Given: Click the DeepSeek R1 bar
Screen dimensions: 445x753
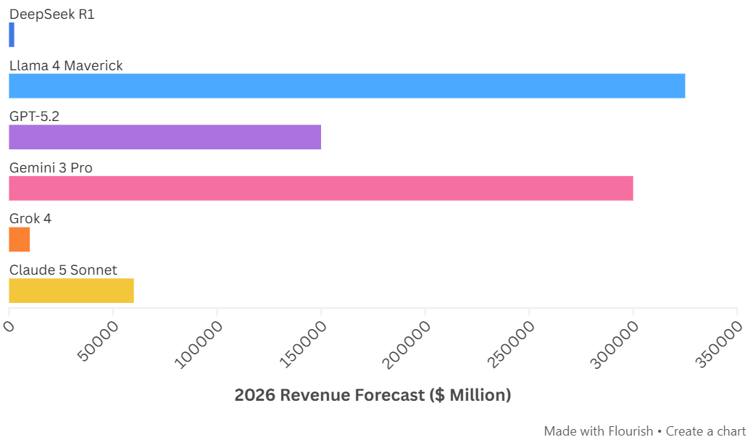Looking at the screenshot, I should point(12,35).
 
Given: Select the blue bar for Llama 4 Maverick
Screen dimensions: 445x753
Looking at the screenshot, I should point(346,86).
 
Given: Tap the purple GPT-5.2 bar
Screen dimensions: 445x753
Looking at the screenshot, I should point(165,137).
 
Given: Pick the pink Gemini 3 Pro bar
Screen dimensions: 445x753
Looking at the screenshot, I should point(320,188).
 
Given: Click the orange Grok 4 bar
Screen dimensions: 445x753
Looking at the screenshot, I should point(20,239).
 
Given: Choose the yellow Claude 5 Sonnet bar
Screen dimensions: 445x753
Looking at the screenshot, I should point(71,291).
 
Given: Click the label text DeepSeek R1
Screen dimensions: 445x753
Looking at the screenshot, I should point(51,14).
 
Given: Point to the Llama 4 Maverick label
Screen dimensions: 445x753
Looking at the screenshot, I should point(66,66).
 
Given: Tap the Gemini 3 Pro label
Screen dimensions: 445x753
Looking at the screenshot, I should point(51,168).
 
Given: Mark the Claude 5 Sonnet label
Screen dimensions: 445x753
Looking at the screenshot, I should point(63,270).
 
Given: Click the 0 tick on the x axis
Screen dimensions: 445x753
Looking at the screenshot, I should point(9,327).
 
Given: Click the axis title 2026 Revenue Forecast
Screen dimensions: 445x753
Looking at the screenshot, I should point(373,395).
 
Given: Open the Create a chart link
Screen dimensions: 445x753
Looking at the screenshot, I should point(705,431).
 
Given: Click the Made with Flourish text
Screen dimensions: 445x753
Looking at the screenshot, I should point(598,431).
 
